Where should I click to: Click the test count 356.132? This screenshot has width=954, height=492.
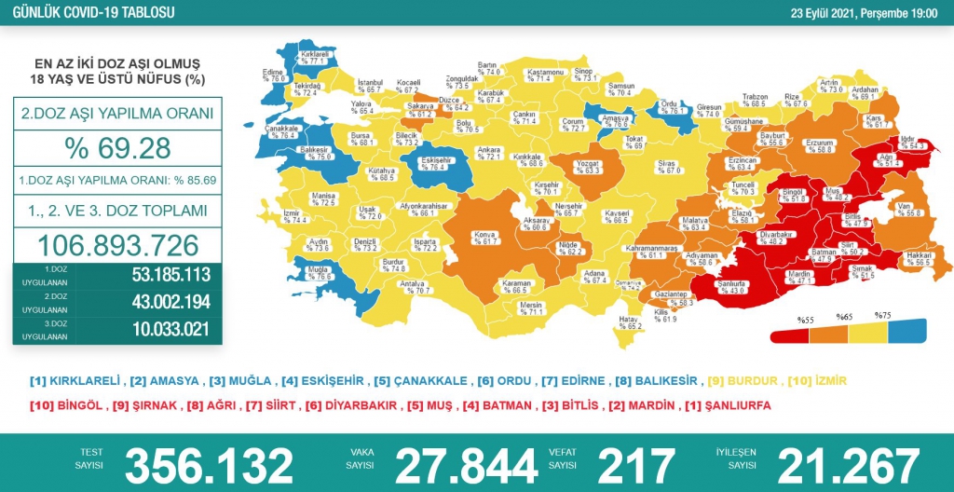[x=209, y=464]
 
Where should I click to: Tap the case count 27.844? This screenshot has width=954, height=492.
[x=466, y=464]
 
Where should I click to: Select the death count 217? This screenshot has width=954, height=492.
[x=636, y=464]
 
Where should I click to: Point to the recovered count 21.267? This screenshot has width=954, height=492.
[x=848, y=464]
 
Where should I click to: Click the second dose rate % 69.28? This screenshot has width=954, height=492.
[x=116, y=147]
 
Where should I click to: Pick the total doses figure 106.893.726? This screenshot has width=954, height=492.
[x=116, y=245]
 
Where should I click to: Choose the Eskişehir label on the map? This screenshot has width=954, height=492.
[x=437, y=164]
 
